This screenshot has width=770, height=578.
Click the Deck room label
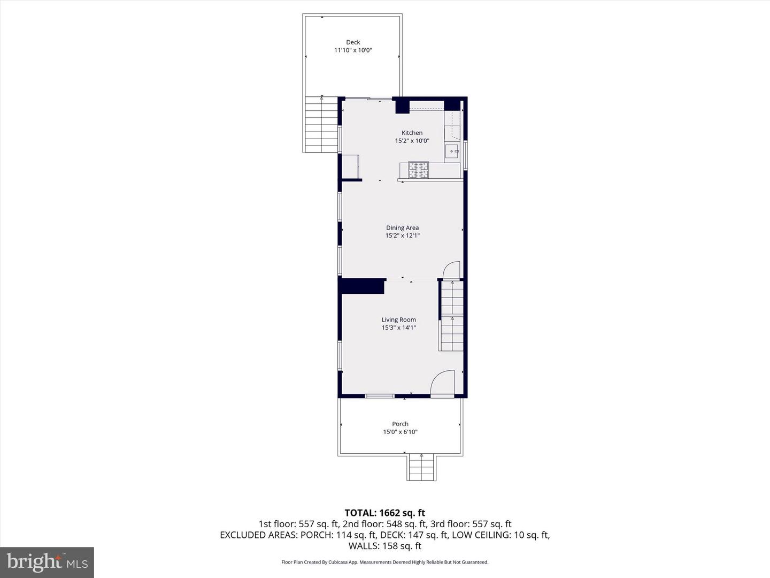pyautogui.click(x=353, y=42)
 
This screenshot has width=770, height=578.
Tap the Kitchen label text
pyautogui.click(x=412, y=133)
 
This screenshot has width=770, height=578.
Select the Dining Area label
pyautogui.click(x=402, y=228)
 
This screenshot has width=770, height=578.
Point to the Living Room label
pyautogui.click(x=399, y=320)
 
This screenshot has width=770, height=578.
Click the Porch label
pyautogui.click(x=401, y=424)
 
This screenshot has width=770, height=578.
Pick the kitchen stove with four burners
pyautogui.click(x=418, y=170)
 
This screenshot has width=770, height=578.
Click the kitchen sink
pyautogui.click(x=452, y=151)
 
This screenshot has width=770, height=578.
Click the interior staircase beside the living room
pyautogui.click(x=452, y=315)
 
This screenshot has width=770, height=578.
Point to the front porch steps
pyautogui.click(x=422, y=467)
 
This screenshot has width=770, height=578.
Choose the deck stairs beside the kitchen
pyautogui.click(x=321, y=124)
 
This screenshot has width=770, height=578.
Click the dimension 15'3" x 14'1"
pyautogui.click(x=399, y=328)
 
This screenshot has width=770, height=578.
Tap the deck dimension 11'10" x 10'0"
pyautogui.click(x=353, y=50)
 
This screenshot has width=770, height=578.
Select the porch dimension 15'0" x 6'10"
pyautogui.click(x=401, y=432)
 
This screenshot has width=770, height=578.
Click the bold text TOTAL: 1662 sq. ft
pyautogui.click(x=385, y=513)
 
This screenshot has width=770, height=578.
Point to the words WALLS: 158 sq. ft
pyautogui.click(x=385, y=546)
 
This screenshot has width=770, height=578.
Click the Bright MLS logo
pyautogui.click(x=47, y=562)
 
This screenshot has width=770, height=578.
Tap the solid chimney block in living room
pyautogui.click(x=361, y=286)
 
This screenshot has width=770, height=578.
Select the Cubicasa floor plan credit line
pyautogui.click(x=385, y=562)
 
